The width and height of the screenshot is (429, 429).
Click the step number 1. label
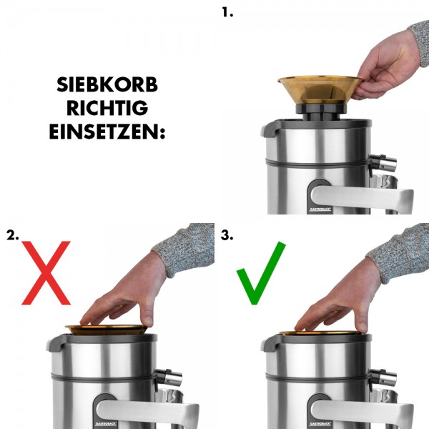[x=228, y=12]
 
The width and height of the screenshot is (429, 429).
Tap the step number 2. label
[x=13, y=235]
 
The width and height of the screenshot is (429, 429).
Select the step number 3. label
[x=227, y=235]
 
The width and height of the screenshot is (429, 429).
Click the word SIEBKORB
[x=107, y=86]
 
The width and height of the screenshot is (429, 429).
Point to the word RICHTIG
[x=107, y=109]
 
